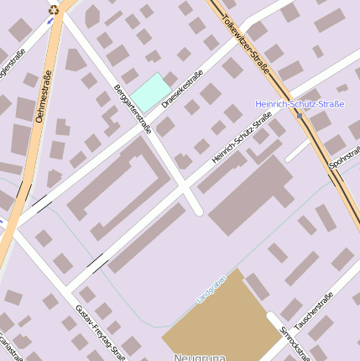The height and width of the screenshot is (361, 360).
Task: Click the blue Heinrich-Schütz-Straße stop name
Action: pos(299,104)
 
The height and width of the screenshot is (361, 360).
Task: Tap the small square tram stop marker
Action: pos(300,115)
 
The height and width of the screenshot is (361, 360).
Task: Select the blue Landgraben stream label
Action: pos(211,289)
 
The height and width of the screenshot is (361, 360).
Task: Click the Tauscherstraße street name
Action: pos(317,314)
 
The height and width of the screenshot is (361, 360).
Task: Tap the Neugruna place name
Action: pos(201,357)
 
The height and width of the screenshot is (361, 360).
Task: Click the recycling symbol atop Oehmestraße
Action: pos(55,10)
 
